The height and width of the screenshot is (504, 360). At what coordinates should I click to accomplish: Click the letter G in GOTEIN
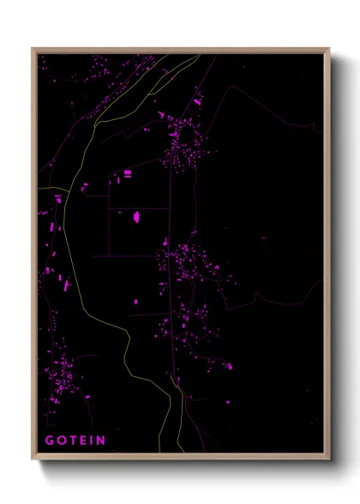[49, 441]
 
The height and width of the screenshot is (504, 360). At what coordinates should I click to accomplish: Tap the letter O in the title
[62, 441]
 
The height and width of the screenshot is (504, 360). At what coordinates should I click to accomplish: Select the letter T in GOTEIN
[74, 441]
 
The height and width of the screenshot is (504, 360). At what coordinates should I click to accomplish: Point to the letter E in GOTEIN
[85, 441]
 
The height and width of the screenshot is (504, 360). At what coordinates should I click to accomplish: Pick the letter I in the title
[93, 441]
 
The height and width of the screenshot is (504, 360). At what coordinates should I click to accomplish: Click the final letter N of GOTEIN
[102, 441]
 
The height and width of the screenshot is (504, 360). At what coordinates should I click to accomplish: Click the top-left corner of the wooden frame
[33, 49]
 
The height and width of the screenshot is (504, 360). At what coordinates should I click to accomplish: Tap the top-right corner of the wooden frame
[330, 49]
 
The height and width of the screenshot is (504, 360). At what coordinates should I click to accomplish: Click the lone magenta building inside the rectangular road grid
[136, 217]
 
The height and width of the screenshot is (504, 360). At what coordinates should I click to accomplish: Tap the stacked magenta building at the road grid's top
[128, 174]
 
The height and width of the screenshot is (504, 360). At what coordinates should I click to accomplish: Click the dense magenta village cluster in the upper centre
[181, 141]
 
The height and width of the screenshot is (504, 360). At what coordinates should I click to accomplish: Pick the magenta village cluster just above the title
[62, 377]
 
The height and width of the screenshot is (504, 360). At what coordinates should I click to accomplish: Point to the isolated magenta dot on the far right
[264, 238]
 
